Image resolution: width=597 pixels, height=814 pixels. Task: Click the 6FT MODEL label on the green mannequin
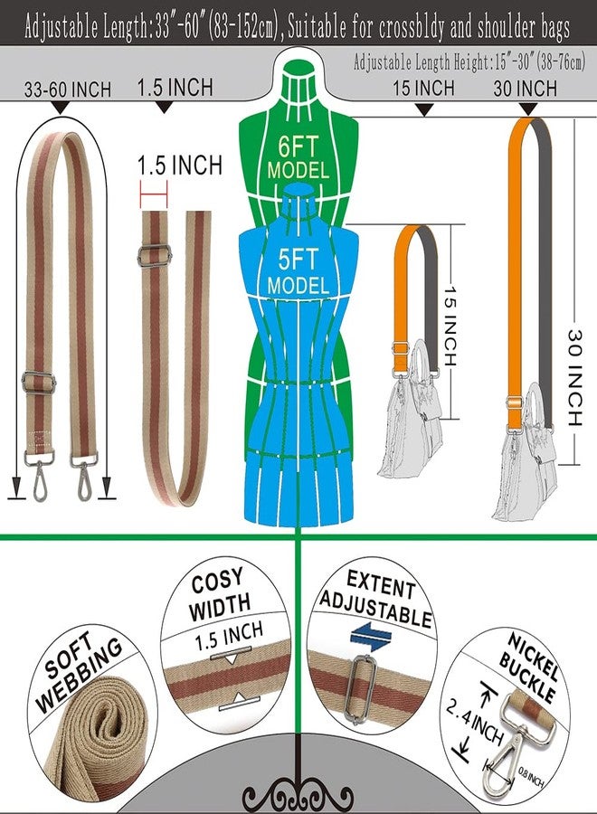point(298,157)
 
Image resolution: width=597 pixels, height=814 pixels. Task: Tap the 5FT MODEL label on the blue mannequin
point(298,271)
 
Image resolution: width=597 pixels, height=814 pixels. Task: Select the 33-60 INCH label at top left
point(68,90)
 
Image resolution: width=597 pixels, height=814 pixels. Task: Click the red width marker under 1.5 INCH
point(154,194)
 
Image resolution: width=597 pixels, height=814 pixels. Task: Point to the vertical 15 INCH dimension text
point(450,326)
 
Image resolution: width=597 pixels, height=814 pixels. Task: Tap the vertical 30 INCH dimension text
point(574,378)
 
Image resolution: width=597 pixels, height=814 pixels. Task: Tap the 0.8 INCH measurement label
point(531,776)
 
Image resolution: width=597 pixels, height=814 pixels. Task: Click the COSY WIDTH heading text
point(220,594)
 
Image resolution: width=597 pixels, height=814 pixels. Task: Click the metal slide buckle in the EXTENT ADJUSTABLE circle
point(360,689)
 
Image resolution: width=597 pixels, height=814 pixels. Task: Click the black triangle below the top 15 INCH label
point(425,109)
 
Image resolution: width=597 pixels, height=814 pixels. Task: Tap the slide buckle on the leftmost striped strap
point(38,382)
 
